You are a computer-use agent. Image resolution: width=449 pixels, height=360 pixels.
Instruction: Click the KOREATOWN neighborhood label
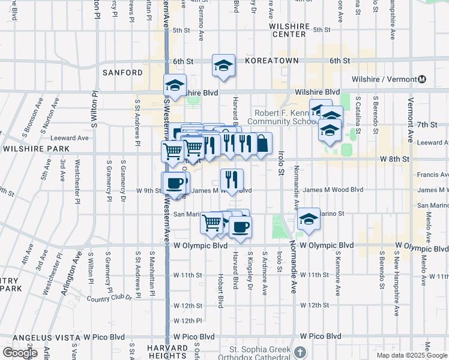click(x=267, y=61)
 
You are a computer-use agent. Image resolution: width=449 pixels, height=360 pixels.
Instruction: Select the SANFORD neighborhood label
click(x=123, y=73)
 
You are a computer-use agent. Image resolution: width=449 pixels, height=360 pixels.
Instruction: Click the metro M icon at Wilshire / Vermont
click(x=422, y=79)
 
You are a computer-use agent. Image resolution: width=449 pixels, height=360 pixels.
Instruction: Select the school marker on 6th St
click(x=223, y=65)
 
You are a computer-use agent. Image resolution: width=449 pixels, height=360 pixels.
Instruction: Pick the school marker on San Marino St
click(x=309, y=219)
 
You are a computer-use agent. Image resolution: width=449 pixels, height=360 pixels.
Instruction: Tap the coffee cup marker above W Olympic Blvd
click(x=240, y=227)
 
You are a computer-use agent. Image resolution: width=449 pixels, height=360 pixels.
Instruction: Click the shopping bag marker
click(x=262, y=143)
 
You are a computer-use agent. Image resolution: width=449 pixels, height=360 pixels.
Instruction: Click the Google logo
click(x=20, y=353)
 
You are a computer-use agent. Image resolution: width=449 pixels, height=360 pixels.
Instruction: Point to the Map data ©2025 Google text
click(x=412, y=355)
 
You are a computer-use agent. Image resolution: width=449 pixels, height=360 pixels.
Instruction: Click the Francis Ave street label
click(x=432, y=175)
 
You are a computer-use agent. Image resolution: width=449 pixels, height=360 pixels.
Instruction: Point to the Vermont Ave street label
click(x=411, y=120)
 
